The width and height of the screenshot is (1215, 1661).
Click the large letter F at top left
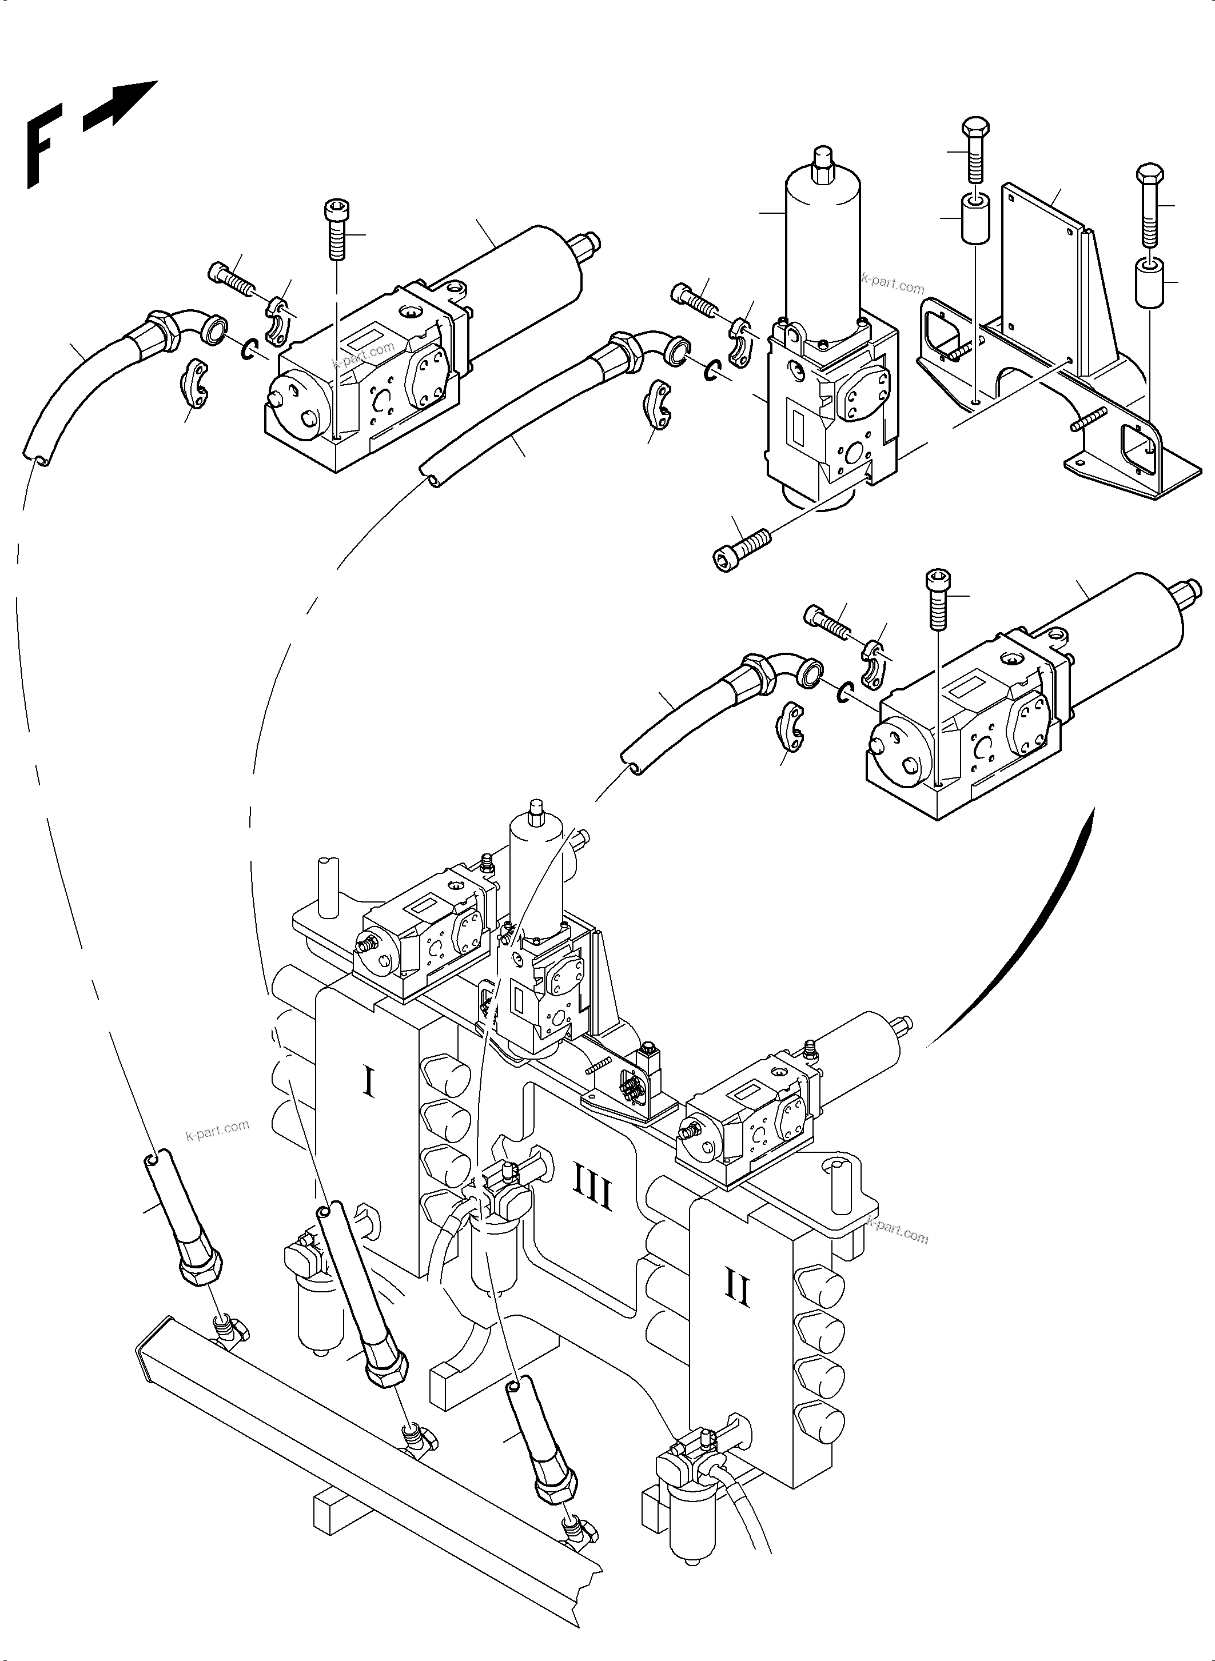pyautogui.click(x=43, y=146)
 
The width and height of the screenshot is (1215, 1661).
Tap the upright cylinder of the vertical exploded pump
pyautogui.click(x=824, y=235)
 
